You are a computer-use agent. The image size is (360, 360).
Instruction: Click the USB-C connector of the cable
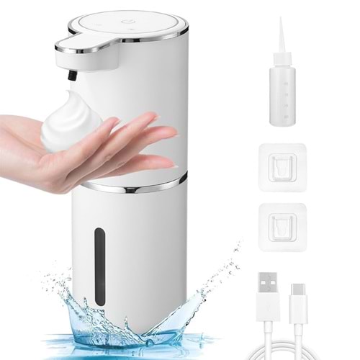click(298, 300)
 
